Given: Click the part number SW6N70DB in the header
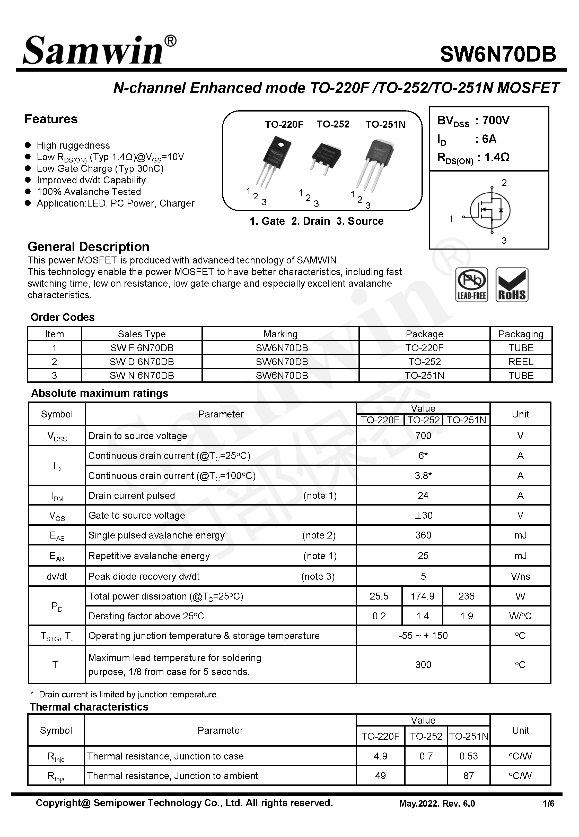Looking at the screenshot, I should click(498, 54).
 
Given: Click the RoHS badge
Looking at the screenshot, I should click(512, 285).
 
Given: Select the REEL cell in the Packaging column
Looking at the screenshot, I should click(521, 362).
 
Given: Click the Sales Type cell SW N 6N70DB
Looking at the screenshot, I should click(142, 376).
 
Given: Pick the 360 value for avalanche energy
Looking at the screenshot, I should click(423, 535).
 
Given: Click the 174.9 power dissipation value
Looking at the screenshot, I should click(422, 596).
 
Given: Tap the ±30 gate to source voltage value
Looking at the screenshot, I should click(423, 515).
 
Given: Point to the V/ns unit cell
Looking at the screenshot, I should click(520, 576).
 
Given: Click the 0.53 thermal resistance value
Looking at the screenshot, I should click(468, 756).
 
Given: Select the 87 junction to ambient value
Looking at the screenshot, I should click(468, 776).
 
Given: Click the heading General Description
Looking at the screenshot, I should click(89, 247).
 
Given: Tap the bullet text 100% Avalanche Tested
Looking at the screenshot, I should click(89, 192).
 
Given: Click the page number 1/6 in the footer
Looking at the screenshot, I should click(548, 804).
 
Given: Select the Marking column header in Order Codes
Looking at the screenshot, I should click(280, 334).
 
